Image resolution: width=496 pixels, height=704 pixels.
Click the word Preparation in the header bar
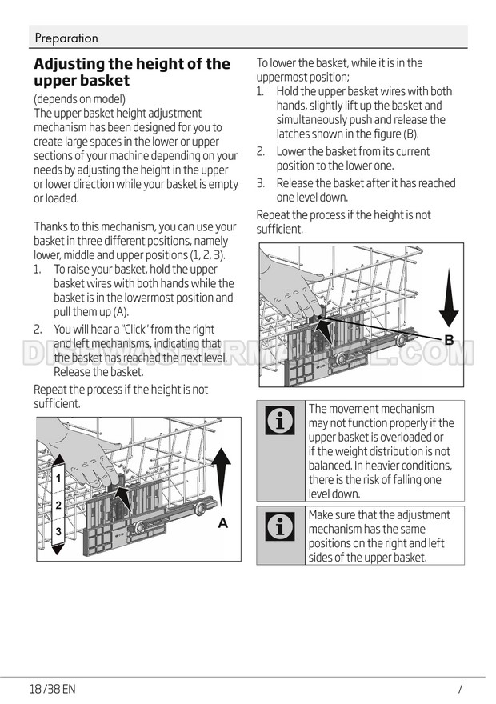tap(66, 38)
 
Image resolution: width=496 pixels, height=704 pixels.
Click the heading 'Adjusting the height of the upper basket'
tap(131, 72)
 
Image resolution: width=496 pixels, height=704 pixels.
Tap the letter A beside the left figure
tap(223, 523)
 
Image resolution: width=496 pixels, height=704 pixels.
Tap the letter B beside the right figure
tap(449, 340)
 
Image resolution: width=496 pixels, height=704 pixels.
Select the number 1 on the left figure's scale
tap(58, 478)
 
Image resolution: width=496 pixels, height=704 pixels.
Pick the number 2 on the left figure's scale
tap(58, 506)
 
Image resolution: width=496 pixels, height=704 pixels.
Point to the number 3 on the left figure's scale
tap(58, 531)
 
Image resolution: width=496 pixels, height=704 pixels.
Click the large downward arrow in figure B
tap(449, 296)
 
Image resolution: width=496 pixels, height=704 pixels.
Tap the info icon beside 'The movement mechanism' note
tap(280, 421)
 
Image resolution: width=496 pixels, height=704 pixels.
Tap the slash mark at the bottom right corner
tap(461, 688)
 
